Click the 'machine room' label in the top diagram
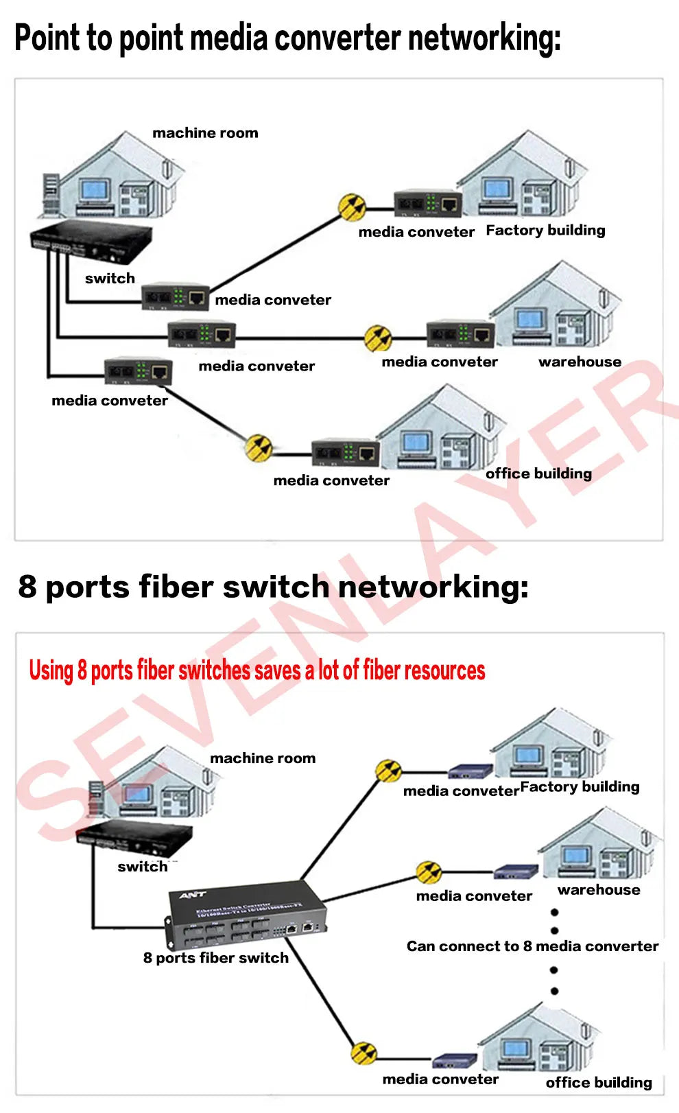coord(205,133)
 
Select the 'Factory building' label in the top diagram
coord(545,231)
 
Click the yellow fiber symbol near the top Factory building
coord(352,206)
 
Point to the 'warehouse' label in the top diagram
coord(580,362)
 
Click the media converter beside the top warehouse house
coord(461,334)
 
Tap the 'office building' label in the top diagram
coord(538,473)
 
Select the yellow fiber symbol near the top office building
coord(259,447)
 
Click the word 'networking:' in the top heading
coord(484,38)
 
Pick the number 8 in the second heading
coord(27,587)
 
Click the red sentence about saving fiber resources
coord(257,670)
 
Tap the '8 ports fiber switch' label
coord(215,958)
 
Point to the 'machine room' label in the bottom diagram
coord(263,758)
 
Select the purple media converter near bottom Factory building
coord(470,771)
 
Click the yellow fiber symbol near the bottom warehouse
coord(429,873)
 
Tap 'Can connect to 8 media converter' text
coord(532,946)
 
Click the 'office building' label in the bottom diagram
coord(598,1082)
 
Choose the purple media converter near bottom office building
coord(454,1061)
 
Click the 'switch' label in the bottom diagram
coord(142,867)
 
